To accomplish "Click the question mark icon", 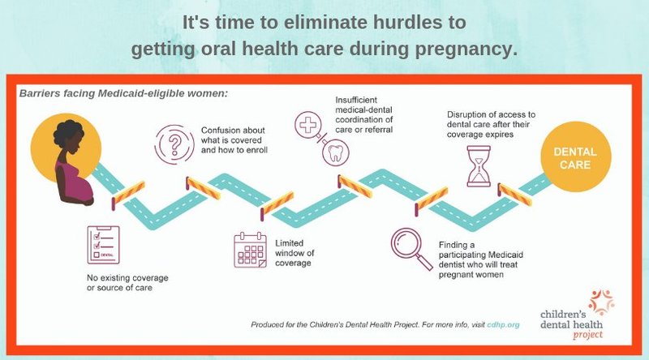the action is point(174,144).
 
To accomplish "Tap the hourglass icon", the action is point(479,166).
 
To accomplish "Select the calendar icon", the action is point(251,250).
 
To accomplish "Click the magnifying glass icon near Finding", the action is point(411,248).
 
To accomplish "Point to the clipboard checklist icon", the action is point(104,245).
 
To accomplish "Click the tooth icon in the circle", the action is point(336,153).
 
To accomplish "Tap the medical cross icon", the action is point(308,125).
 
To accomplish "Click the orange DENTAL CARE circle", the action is point(575,157).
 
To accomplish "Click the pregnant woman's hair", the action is point(68,131).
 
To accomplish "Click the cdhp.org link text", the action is point(503,324).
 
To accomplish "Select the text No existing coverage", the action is point(127,277).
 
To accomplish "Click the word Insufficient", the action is point(356,100).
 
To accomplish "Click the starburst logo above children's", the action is point(601,302).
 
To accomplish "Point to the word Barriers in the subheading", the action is point(40,93).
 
